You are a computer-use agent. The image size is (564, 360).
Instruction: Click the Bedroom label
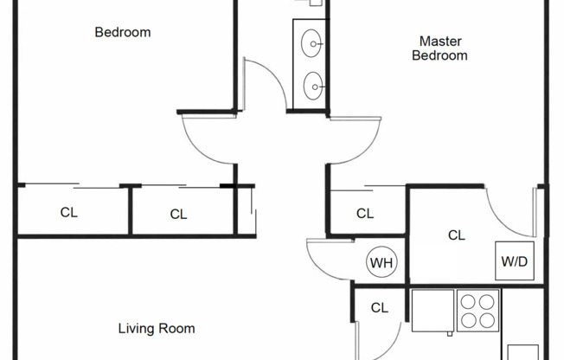pos(122,33)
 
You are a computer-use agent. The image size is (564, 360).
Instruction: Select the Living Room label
pos(156,329)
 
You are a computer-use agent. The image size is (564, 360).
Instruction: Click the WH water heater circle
pos(380,262)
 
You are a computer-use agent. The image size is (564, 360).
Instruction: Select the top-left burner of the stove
pos(468,303)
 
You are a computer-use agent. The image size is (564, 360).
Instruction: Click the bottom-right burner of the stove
pos(487,321)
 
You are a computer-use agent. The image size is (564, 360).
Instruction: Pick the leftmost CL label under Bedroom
pos(68,213)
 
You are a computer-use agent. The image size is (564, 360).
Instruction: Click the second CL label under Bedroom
pos(178,214)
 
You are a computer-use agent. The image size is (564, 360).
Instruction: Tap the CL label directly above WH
pos(365,214)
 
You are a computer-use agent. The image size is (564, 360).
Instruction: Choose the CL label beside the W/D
pos(457,235)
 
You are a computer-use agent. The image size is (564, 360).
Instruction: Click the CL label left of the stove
pos(379,307)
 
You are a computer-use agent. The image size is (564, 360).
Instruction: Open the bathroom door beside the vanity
pos(266,82)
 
